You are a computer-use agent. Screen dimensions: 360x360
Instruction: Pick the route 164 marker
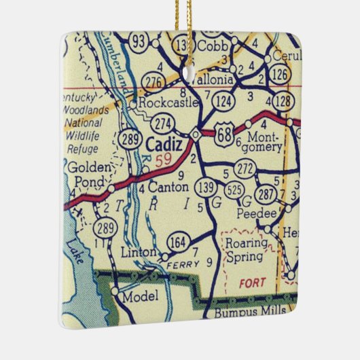pos(177,241)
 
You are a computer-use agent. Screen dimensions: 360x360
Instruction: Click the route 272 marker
pos(245,168)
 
